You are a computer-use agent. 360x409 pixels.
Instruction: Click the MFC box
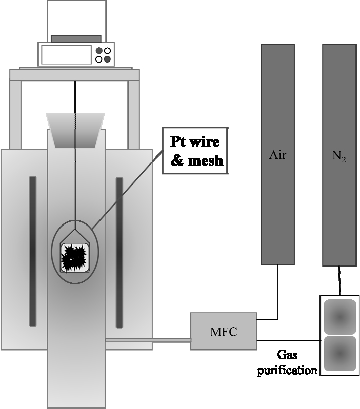click(223, 331)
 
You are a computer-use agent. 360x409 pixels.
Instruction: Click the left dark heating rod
click(33, 251)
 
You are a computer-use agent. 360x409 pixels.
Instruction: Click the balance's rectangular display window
click(66, 55)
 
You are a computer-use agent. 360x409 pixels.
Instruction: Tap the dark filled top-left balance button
click(99, 51)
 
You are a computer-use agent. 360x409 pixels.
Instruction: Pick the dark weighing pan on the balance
click(76, 39)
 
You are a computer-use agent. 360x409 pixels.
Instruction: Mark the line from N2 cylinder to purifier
click(338, 280)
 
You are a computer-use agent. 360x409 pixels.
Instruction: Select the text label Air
click(277, 154)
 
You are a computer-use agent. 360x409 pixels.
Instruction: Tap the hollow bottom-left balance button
click(99, 59)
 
